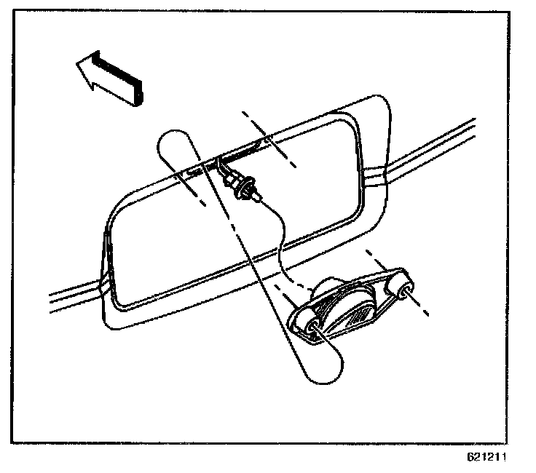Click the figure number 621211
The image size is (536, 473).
click(x=486, y=458)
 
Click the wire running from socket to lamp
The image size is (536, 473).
click(x=280, y=240)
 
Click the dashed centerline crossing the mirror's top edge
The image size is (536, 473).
click(x=269, y=138)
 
